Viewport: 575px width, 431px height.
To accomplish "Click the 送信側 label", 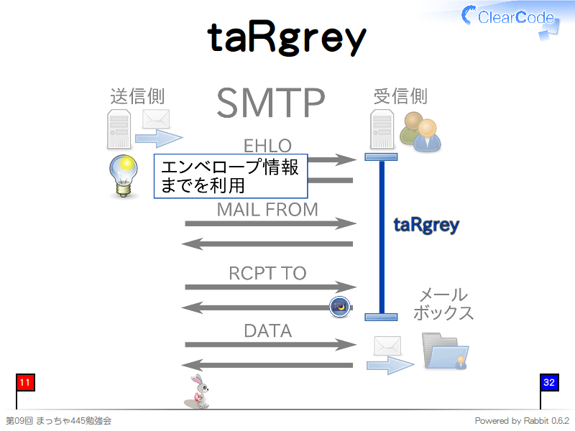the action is (x=137, y=96).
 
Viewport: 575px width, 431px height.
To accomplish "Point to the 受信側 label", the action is (x=400, y=96).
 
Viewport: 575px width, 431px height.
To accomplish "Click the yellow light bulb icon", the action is (x=124, y=176).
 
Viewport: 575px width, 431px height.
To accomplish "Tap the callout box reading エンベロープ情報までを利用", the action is (x=231, y=176).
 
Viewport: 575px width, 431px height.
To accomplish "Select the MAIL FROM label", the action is (x=267, y=210).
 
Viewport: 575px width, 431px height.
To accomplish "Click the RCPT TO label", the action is (x=267, y=273).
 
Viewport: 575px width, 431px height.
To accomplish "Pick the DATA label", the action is (x=267, y=331).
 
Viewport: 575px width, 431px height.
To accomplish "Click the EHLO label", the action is (x=267, y=146).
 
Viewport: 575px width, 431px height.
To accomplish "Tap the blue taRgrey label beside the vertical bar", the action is (x=426, y=226).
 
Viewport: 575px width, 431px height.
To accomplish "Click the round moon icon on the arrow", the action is (x=340, y=307).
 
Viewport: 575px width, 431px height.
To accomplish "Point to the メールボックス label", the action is (x=443, y=304).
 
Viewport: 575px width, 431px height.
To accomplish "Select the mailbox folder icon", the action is (x=445, y=351).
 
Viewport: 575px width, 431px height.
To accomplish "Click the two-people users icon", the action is (x=420, y=131).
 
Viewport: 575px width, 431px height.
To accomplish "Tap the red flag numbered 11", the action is (x=25, y=383).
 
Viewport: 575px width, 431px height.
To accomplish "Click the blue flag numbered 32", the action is (x=549, y=383).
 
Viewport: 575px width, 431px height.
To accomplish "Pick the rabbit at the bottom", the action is (x=197, y=391).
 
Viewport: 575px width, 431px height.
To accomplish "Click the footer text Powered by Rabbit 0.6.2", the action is (x=522, y=421).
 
